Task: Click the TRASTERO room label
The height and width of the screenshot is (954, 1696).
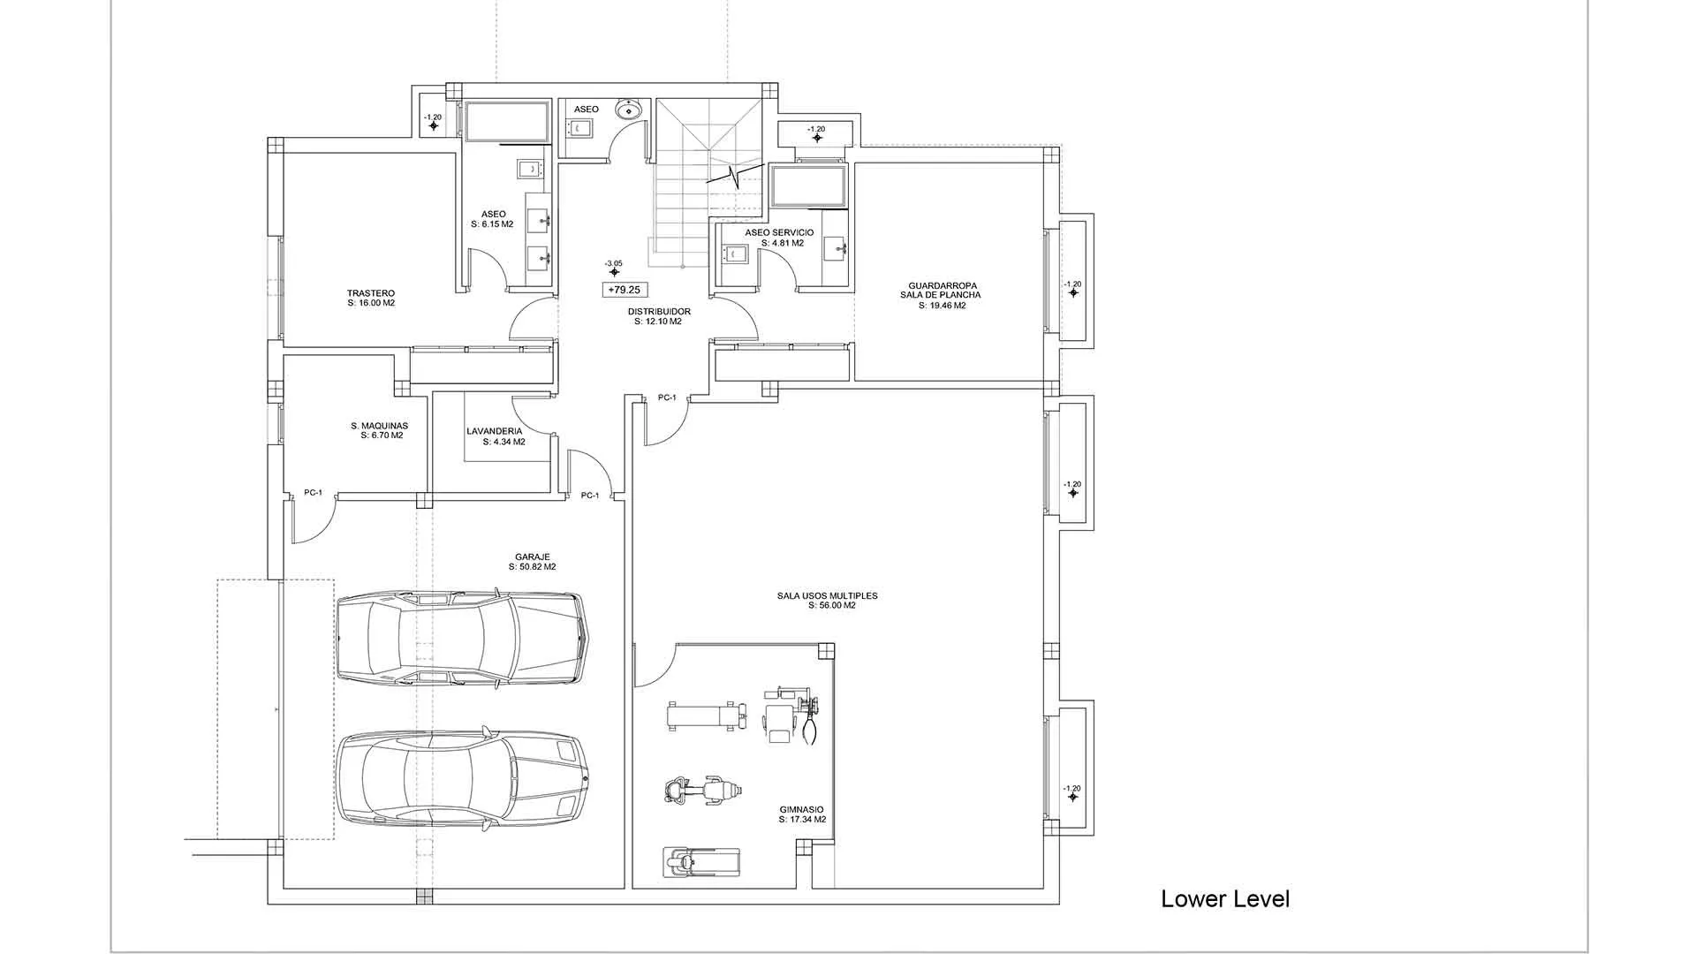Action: pos(371,293)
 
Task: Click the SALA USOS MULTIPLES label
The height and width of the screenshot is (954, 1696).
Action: pos(828,596)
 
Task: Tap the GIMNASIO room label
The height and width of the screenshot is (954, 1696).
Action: pos(802,810)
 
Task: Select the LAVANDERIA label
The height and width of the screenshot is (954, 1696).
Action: pos(495,432)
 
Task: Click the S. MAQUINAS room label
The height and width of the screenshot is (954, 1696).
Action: pos(380,426)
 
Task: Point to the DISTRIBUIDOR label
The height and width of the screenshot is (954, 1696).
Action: pos(659,312)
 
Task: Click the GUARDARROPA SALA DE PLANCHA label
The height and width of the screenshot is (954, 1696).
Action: pos(942,291)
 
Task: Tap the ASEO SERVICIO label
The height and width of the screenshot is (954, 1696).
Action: pos(779,233)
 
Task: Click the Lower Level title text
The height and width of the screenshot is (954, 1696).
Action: pos(1225,899)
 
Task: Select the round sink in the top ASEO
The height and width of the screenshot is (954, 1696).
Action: pos(630,110)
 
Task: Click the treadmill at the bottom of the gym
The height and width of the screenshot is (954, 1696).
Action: pos(701,861)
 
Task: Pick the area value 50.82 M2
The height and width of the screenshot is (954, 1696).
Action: pos(538,567)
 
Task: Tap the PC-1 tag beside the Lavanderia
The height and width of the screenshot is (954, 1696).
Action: pos(590,496)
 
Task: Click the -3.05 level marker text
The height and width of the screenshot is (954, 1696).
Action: pos(613,263)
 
